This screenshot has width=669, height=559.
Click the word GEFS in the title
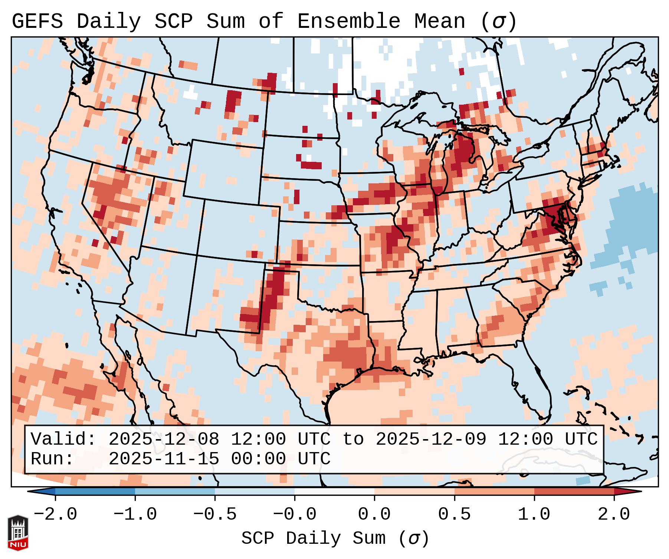pyautogui.click(x=37, y=22)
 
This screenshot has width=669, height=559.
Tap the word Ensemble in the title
pyautogui.click(x=348, y=22)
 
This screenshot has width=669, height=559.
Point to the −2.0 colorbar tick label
pyautogui.click(x=55, y=514)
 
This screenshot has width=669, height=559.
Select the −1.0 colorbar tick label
pyautogui.click(x=135, y=514)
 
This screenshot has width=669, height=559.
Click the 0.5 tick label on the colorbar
pyautogui.click(x=454, y=514)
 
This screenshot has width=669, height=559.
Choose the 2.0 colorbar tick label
pyautogui.click(x=614, y=514)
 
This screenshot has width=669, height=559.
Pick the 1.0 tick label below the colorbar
pyautogui.click(x=534, y=514)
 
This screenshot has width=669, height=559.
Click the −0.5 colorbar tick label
pyautogui.click(x=215, y=514)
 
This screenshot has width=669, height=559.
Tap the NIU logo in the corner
pyautogui.click(x=18, y=533)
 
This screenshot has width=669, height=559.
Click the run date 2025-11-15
pyautogui.click(x=164, y=459)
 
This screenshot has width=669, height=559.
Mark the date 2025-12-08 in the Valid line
pyautogui.click(x=164, y=439)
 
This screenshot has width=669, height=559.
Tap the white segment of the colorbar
pyautogui.click(x=334, y=491)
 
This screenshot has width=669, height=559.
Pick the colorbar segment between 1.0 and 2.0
pyautogui.click(x=574, y=491)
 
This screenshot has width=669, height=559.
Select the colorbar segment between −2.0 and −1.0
pyautogui.click(x=95, y=491)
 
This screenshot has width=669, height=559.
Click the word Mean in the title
pyautogui.click(x=439, y=22)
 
